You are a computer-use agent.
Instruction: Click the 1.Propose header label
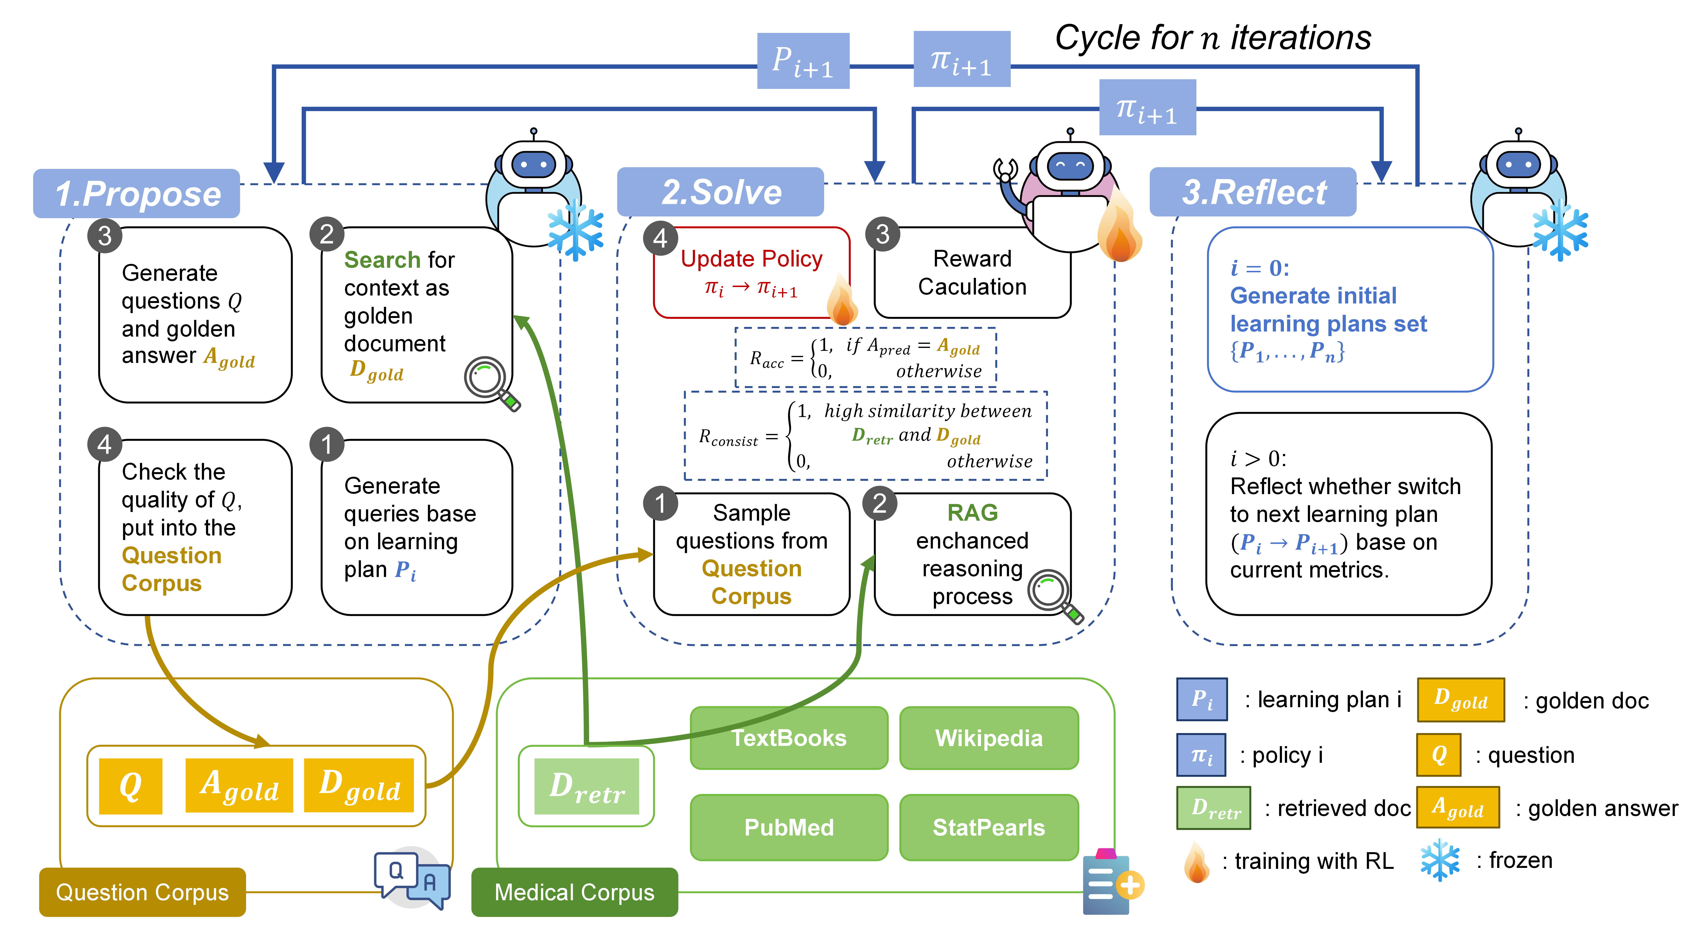pyautogui.click(x=137, y=194)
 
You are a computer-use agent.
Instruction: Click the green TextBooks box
pyautogui.click(x=789, y=737)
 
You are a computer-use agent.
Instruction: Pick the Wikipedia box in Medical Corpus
pyautogui.click(x=989, y=737)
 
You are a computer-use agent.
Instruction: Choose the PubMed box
pyautogui.click(x=789, y=827)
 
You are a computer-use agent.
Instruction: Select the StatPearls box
pyautogui.click(x=989, y=827)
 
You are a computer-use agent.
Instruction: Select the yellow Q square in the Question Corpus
pyautogui.click(x=131, y=785)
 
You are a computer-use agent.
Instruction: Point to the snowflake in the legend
pyautogui.click(x=1440, y=860)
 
